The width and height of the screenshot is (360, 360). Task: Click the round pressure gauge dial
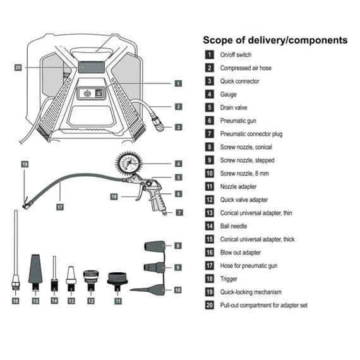point(129,164)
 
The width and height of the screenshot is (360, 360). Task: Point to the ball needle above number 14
point(54,272)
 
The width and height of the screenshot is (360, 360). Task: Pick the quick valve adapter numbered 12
point(91,277)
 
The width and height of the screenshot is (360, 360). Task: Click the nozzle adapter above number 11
point(118,280)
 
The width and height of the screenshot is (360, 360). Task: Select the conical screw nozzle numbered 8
point(155,246)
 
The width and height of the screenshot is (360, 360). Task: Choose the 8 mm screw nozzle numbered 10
point(152,290)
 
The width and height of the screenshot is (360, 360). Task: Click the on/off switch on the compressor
point(88,93)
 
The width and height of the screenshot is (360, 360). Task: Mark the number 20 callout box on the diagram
point(18,67)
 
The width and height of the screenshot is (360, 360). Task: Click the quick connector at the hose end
point(159,124)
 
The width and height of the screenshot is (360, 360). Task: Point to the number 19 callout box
point(25,165)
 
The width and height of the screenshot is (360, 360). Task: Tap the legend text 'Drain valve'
point(229,107)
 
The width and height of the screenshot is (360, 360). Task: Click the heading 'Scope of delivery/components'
point(275,40)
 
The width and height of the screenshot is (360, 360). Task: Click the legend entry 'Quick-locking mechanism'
point(251,292)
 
